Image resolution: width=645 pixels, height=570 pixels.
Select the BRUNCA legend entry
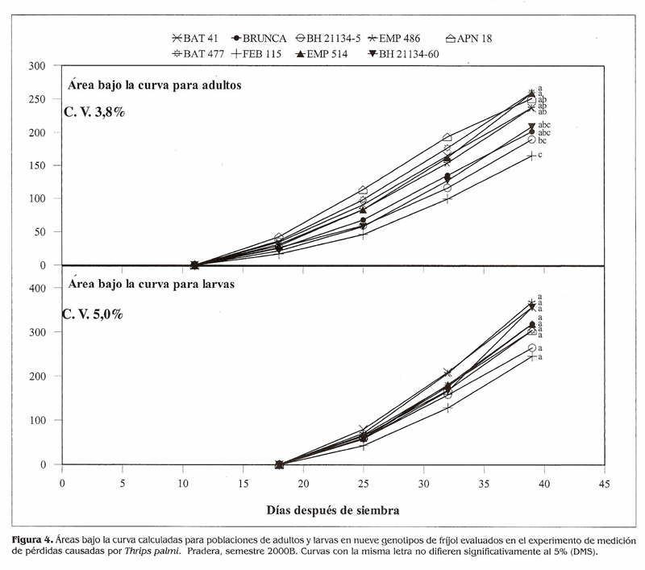tap(260, 38)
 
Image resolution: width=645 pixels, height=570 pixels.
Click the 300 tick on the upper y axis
tap(39, 66)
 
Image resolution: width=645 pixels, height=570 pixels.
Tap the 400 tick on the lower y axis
tap(39, 288)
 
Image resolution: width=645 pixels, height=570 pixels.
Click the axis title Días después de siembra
tap(334, 510)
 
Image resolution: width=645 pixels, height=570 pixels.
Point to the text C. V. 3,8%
tap(94, 112)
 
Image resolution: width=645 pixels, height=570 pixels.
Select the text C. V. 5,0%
tap(94, 314)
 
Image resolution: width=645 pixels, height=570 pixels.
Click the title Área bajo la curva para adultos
tap(154, 83)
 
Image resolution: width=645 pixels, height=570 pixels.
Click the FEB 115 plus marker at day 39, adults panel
tap(531, 156)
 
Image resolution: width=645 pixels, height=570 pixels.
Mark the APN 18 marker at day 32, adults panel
tap(447, 138)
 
